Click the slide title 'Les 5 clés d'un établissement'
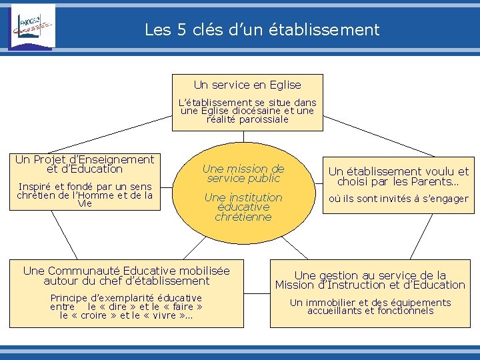click(x=262, y=30)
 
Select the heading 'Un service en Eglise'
click(x=247, y=85)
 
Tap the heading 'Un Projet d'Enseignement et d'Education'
click(x=85, y=164)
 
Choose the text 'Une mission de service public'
click(x=243, y=173)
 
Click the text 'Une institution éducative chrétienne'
click(x=243, y=207)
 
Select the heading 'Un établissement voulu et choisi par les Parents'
click(x=399, y=176)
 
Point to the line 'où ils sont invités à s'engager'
click(x=399, y=199)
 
